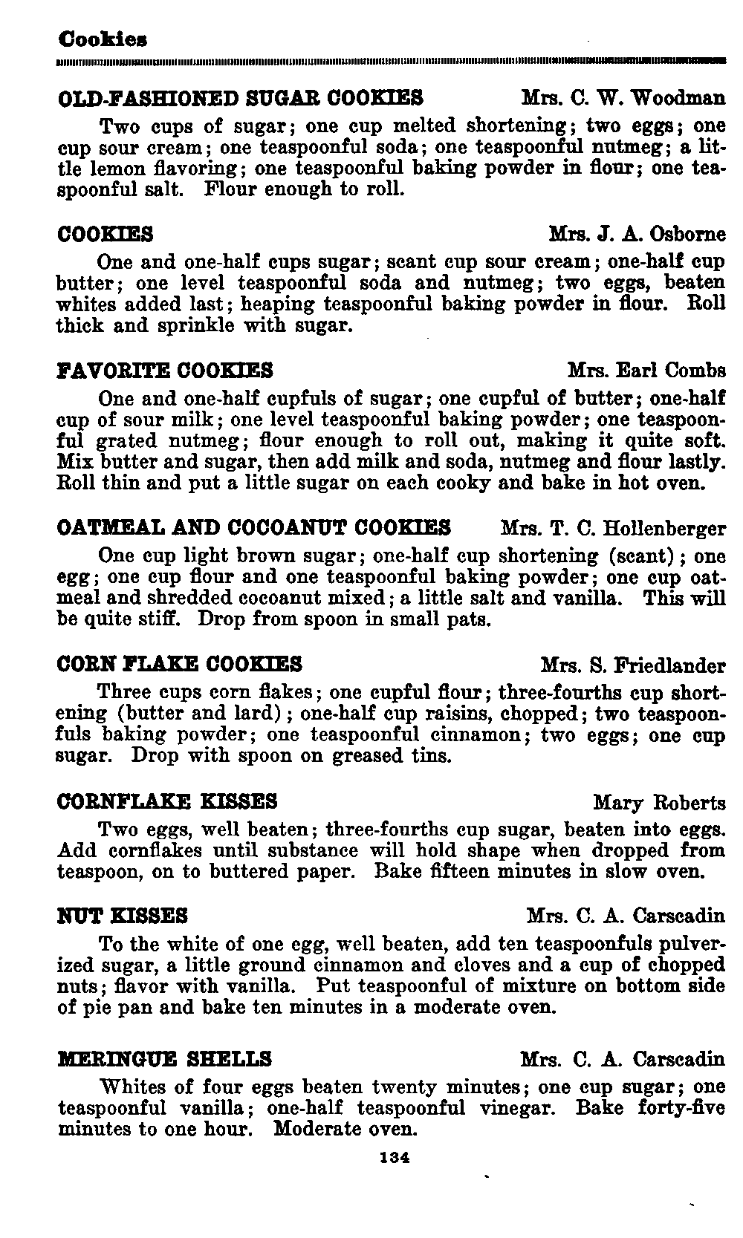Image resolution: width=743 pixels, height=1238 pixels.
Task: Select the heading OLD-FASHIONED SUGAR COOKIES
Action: (241, 98)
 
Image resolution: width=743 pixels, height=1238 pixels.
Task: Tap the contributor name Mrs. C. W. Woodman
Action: (623, 98)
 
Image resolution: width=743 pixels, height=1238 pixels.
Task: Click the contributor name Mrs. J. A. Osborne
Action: (637, 234)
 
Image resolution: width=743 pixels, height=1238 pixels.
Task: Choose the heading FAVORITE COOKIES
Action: (165, 370)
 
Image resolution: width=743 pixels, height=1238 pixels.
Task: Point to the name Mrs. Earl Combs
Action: (646, 370)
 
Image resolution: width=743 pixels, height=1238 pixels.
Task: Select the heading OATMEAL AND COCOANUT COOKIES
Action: (254, 528)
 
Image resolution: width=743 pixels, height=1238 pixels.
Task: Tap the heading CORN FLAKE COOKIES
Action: (180, 663)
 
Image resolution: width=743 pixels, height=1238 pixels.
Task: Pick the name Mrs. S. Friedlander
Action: (633, 664)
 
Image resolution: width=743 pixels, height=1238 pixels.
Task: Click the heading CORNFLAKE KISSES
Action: (167, 801)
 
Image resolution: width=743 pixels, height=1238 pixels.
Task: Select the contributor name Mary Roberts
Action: (659, 802)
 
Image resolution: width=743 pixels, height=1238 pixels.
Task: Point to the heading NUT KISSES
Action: (123, 915)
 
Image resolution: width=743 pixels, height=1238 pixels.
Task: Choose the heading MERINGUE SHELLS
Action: (164, 1058)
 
